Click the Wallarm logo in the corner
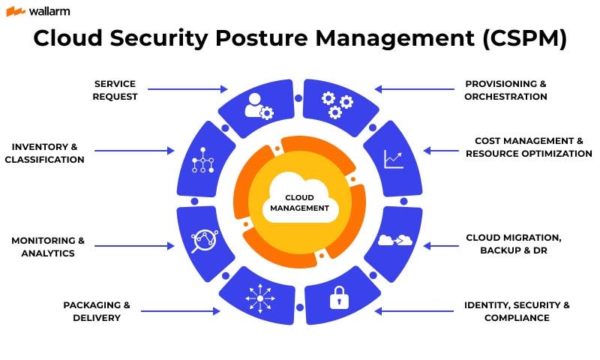click(30, 11)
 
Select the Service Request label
click(115, 90)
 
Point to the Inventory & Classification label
click(44, 153)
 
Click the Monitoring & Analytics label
click(48, 247)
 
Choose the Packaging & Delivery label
click(97, 311)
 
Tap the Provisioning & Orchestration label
click(505, 90)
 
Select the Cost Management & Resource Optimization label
click(529, 147)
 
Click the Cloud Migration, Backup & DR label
click(514, 244)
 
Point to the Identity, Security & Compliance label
click(517, 311)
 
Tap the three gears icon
click(336, 105)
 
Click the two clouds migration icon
click(395, 240)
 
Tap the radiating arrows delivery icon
click(260, 298)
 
